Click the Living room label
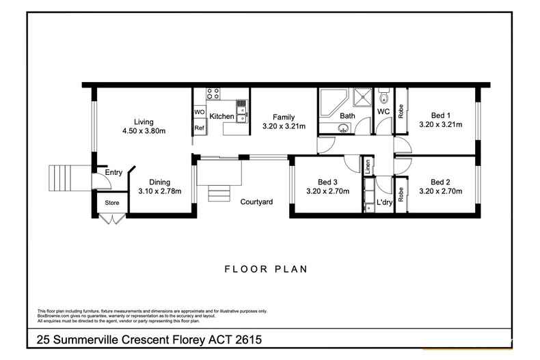(x=144, y=122)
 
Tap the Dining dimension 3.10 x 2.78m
(x=159, y=191)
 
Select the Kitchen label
(x=221, y=117)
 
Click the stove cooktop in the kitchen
(x=212, y=96)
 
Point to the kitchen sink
(x=241, y=108)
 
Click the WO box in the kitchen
(x=200, y=112)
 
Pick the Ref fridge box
(x=200, y=128)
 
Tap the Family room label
(x=284, y=117)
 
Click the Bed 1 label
(x=440, y=115)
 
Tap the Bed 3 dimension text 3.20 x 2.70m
(x=327, y=191)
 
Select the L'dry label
(x=383, y=204)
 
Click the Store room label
(x=111, y=204)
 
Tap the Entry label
(x=113, y=173)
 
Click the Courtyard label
(x=256, y=202)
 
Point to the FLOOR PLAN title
(x=267, y=268)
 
